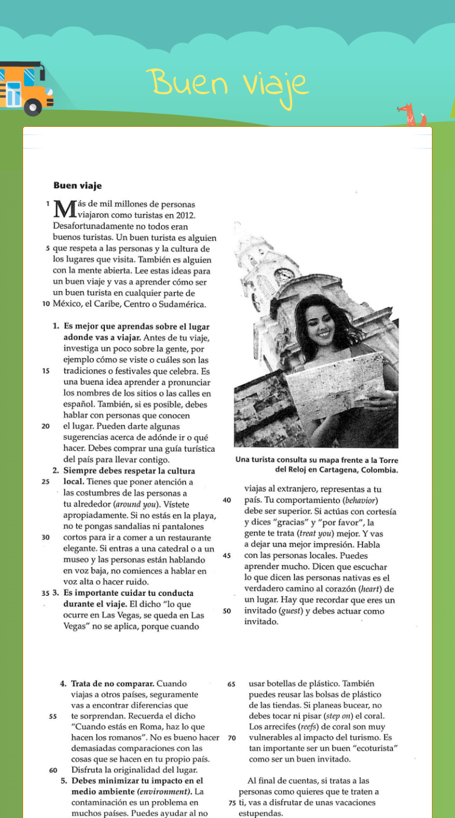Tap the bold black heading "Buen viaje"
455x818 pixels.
point(78,186)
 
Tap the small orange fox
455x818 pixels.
point(409,114)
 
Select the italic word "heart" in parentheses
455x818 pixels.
point(371,589)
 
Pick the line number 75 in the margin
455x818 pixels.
point(232,803)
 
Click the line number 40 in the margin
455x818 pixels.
point(226,500)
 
